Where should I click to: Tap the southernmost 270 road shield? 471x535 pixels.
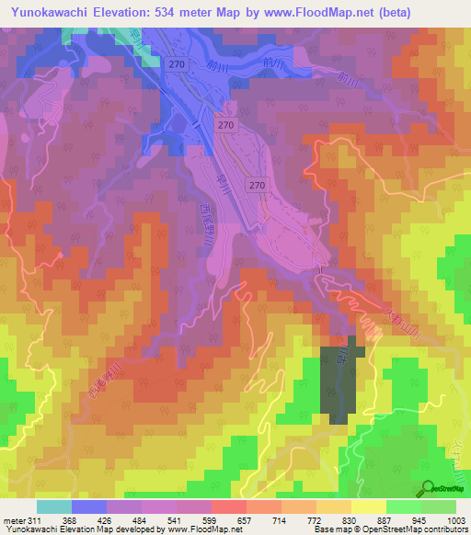(258, 185)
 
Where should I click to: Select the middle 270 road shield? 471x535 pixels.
(226, 123)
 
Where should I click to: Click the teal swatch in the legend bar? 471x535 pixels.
(54, 507)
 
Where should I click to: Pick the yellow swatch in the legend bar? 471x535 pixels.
(369, 507)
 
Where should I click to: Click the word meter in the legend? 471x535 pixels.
(13, 519)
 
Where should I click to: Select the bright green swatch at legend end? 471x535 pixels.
(439, 507)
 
